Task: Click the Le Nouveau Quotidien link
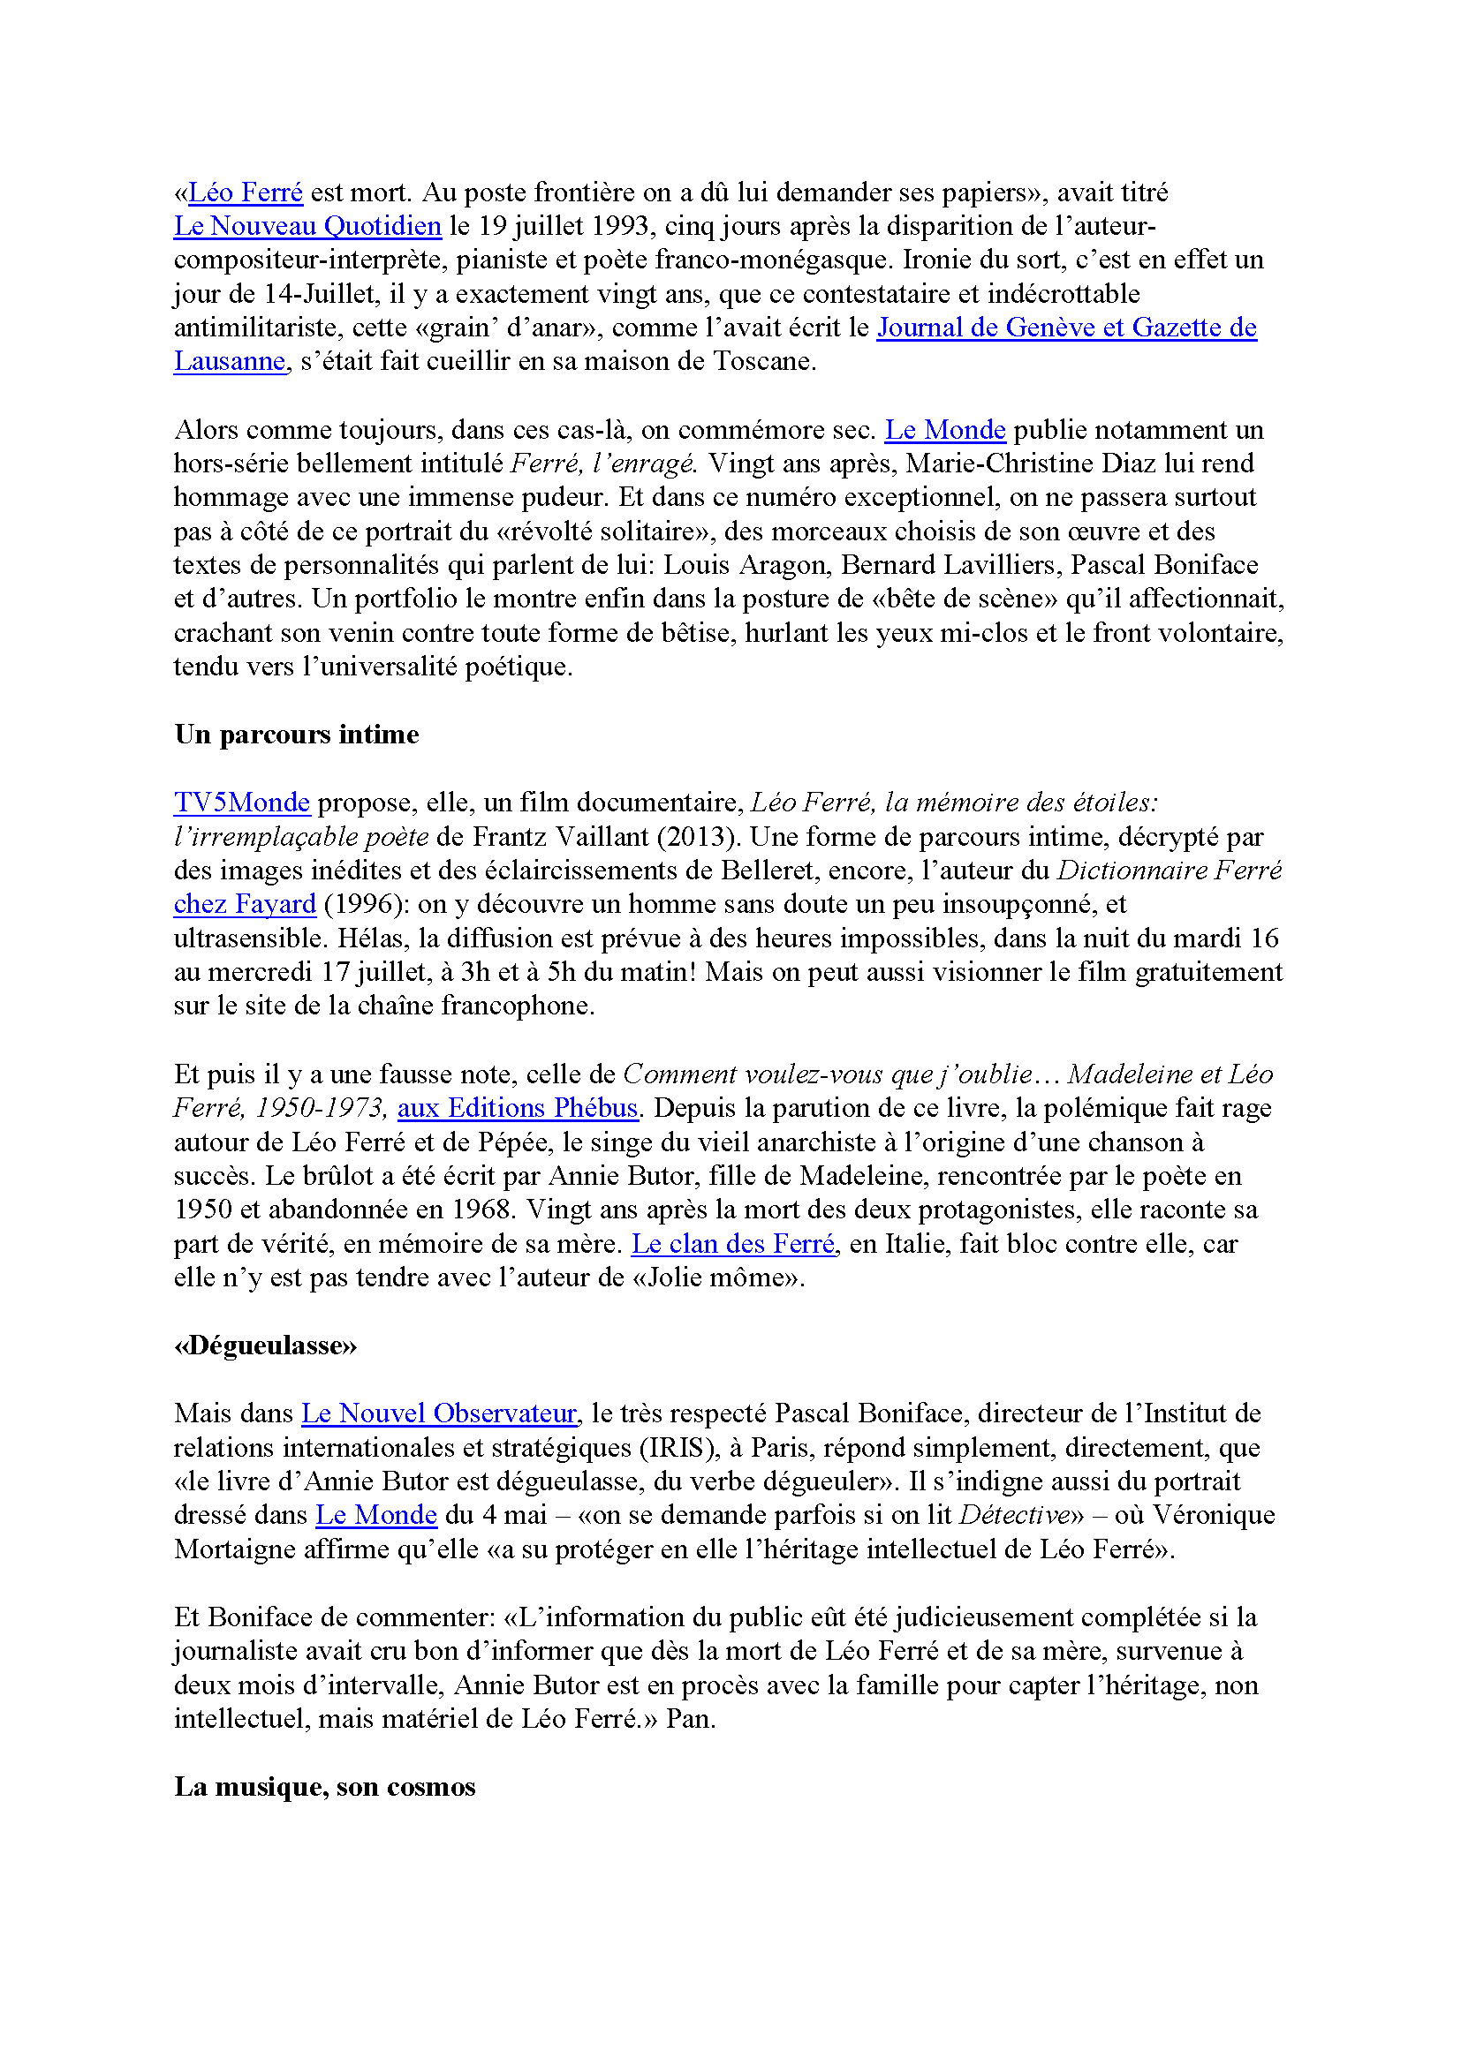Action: pos(307,226)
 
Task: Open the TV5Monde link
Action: pos(241,802)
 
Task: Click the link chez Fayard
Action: pos(245,903)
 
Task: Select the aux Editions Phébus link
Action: pos(518,1107)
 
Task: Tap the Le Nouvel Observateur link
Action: pos(438,1413)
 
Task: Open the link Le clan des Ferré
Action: pos(734,1243)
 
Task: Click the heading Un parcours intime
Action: pos(296,734)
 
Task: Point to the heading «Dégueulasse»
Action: pos(265,1345)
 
